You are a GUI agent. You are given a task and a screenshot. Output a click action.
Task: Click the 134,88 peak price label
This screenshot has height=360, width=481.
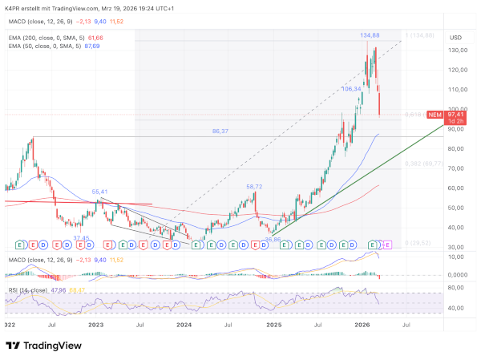click(370, 36)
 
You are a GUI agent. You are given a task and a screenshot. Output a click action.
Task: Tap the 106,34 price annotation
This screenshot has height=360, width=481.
click(352, 89)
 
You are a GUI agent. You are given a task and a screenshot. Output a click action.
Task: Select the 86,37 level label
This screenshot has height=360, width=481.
click(221, 131)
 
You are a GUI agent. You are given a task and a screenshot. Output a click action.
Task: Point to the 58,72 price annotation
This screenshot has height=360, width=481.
click(254, 186)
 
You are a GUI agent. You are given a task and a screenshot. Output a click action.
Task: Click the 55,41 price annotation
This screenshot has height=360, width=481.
click(100, 192)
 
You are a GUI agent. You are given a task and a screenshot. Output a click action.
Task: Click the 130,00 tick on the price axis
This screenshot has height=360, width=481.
click(459, 50)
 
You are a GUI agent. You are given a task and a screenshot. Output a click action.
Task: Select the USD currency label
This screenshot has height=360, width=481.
click(456, 37)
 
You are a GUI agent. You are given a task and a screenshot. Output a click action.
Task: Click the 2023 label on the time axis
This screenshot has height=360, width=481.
click(96, 326)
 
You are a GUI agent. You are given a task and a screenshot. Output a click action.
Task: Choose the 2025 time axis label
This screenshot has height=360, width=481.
click(274, 326)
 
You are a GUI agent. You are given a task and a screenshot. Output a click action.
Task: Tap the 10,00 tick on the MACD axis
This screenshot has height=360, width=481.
click(457, 257)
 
